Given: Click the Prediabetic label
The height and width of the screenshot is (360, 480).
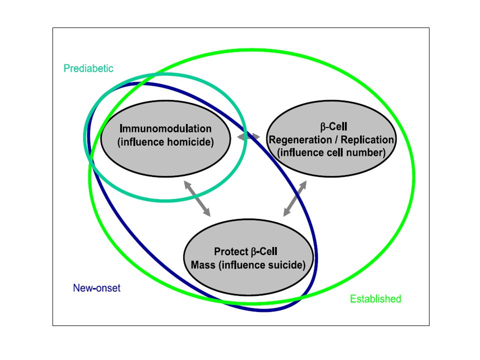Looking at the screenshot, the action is tap(88, 68).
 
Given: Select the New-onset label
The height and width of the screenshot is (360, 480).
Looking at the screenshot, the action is tap(96, 288).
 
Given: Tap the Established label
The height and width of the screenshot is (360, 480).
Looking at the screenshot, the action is tap(375, 299).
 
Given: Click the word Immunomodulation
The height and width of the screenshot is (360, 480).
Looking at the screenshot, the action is tap(165, 128).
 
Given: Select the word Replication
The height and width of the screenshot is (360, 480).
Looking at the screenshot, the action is tap(367, 140).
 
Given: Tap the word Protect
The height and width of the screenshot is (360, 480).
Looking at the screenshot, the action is tap(231, 251).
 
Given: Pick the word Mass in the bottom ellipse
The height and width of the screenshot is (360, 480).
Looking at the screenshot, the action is tap(203, 265).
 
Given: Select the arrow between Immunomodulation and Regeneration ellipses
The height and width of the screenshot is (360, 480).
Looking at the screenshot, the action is tap(248, 137).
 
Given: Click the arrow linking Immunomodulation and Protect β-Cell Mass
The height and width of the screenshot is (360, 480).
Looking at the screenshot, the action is tap(197, 198).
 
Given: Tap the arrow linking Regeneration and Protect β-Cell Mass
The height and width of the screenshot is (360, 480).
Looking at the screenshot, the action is tap(295, 198).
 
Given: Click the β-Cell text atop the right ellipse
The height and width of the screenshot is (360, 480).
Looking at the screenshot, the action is tap(333, 126).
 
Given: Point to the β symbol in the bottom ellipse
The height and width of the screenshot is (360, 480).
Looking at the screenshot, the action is tap(253, 252).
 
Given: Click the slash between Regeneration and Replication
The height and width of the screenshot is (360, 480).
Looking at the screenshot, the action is tap(336, 140).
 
